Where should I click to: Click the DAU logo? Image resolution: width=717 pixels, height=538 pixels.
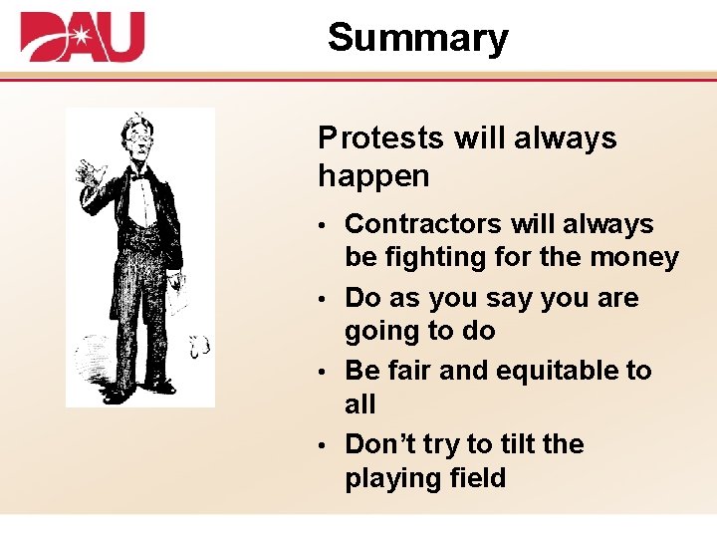click(x=83, y=37)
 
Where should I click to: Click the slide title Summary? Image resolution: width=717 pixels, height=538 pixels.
click(x=417, y=38)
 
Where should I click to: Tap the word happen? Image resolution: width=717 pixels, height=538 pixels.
click(x=373, y=177)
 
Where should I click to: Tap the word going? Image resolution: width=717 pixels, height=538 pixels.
click(x=383, y=331)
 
